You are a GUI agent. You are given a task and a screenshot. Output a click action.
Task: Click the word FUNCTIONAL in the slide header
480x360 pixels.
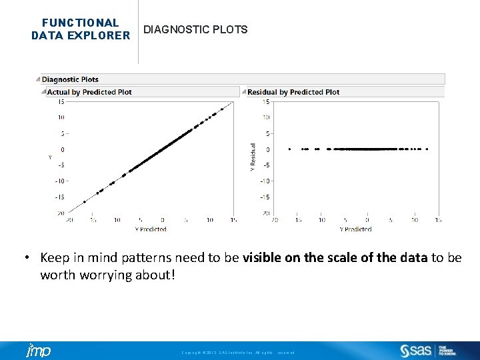tap(81, 23)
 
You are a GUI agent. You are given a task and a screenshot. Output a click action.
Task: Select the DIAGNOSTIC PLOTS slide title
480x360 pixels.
tap(195, 29)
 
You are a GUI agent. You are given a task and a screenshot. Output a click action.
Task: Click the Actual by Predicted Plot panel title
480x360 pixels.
tap(89, 92)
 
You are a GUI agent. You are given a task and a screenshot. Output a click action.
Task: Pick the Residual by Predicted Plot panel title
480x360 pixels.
tap(293, 92)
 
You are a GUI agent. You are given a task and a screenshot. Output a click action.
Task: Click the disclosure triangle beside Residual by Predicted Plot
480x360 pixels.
tap(244, 92)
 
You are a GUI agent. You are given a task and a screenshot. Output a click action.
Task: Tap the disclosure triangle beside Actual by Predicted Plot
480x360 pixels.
tap(44, 92)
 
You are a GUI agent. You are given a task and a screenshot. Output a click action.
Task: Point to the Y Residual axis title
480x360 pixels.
tap(253, 157)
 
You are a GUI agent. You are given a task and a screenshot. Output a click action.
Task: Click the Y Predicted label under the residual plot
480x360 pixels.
tap(355, 229)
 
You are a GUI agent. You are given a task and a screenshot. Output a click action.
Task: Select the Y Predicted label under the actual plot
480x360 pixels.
tap(151, 229)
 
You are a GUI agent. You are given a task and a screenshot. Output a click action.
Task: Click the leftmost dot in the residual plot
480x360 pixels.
tap(289, 149)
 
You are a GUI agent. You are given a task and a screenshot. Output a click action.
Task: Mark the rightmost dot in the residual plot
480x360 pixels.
tap(427, 149)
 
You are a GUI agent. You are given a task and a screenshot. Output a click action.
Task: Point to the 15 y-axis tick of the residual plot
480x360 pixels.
tap(266, 102)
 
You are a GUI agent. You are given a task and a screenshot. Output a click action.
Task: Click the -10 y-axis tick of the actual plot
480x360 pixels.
tap(60, 181)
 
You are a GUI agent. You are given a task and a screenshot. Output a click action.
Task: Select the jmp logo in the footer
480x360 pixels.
tap(38, 351)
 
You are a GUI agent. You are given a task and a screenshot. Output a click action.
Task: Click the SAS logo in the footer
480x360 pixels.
tap(417, 351)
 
